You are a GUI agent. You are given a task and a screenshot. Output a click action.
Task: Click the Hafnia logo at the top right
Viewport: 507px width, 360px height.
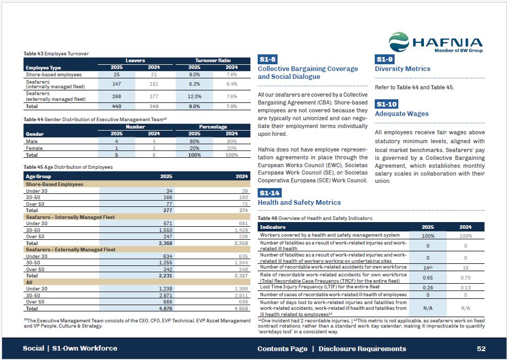tap(435, 42)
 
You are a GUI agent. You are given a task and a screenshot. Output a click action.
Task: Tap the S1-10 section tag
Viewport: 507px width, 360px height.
tap(387, 104)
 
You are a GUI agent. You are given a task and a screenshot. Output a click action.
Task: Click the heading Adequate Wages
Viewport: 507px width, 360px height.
tap(401, 113)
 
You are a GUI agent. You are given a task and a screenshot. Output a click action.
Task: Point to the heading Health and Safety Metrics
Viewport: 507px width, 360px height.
tap(299, 202)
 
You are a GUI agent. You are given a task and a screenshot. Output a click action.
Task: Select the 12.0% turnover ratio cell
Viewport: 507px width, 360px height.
tap(194, 97)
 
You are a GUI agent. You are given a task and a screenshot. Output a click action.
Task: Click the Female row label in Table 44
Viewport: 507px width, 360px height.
tap(34, 148)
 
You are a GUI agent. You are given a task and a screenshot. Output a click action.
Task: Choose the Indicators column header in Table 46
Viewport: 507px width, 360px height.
tap(273, 227)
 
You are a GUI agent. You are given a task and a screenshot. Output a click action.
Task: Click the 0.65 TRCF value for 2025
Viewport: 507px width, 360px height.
tap(428, 277)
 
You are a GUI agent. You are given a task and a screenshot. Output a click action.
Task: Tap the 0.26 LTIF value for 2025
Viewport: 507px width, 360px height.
tap(428, 287)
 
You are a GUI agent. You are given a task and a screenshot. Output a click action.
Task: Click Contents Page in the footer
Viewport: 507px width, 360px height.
tap(282, 349)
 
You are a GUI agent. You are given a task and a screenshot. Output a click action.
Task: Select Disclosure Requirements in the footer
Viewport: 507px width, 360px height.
tap(362, 349)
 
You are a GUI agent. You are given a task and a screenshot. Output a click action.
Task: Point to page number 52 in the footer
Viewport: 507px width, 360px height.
tap(481, 349)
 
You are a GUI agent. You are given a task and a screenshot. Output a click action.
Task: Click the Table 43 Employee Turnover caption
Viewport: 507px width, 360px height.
tap(56, 53)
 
